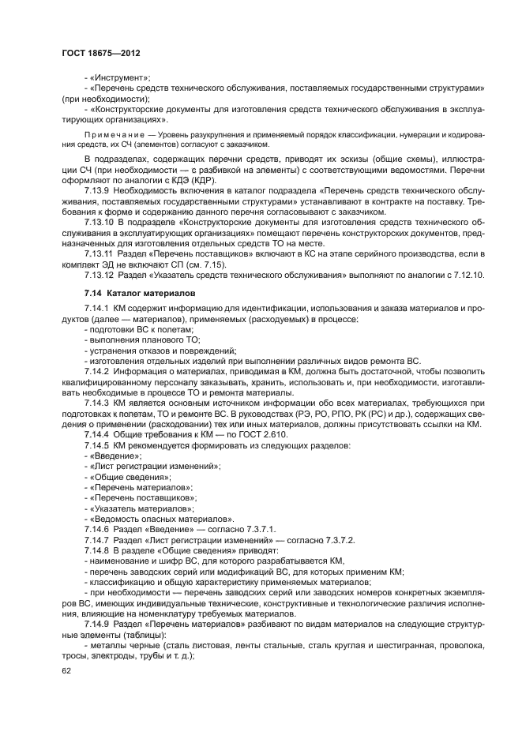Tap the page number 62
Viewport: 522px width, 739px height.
point(66,670)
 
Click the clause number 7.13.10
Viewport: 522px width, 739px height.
point(102,225)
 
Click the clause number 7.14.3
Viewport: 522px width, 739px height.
point(97,402)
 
